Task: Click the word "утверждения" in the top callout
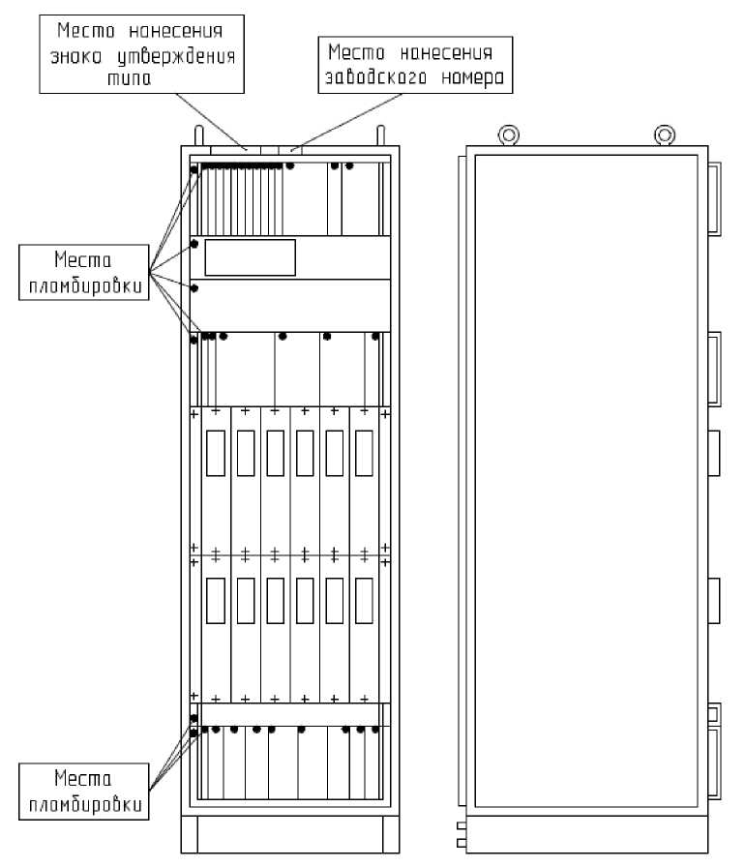click(194, 56)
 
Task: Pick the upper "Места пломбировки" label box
click(83, 273)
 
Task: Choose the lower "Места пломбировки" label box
click(83, 790)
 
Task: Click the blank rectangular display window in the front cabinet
click(250, 257)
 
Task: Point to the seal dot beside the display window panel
click(194, 244)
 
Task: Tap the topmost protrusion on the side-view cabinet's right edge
click(714, 197)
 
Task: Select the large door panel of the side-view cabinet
click(587, 479)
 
